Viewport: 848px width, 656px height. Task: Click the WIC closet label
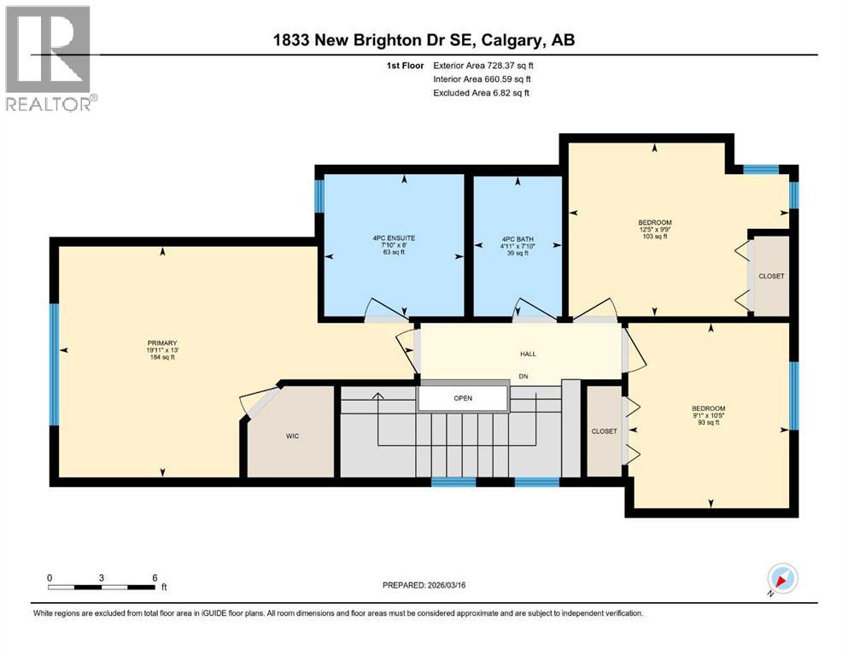point(291,436)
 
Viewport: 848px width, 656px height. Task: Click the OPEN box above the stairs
point(462,398)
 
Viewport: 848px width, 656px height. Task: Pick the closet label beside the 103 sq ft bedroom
point(770,276)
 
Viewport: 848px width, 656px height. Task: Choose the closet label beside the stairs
point(604,431)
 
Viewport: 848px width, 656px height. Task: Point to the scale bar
point(102,587)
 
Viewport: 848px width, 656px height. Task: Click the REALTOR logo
point(50,59)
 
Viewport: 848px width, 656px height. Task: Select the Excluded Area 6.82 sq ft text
point(481,92)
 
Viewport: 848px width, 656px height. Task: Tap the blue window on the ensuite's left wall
point(319,196)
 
